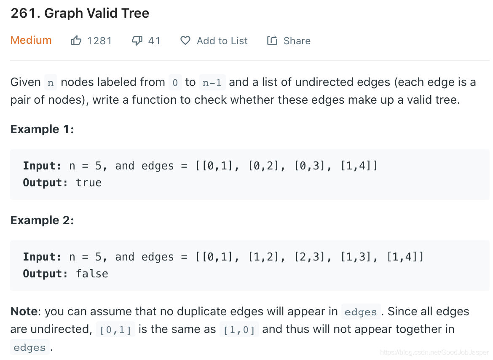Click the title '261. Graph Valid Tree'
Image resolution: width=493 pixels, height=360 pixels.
click(80, 13)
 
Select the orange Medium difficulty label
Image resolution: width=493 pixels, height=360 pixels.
click(31, 40)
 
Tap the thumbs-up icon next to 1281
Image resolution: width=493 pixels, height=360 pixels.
click(76, 40)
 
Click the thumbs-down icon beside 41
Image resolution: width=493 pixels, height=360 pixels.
click(137, 40)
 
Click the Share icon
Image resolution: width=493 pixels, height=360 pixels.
click(272, 40)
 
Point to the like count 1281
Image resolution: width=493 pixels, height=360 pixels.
click(99, 41)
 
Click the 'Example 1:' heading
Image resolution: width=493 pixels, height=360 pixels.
click(42, 129)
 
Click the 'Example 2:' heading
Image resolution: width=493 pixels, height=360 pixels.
click(42, 220)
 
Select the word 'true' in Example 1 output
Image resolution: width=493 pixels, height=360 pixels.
click(88, 183)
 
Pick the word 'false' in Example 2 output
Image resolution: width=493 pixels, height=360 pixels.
click(92, 274)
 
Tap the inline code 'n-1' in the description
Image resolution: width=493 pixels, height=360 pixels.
click(212, 83)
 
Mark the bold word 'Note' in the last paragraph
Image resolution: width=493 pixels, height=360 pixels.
click(24, 312)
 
